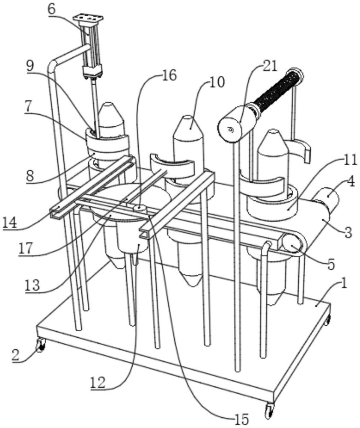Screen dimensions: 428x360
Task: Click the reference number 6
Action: pos(51,9)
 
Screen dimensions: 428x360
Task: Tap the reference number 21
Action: pos(271,65)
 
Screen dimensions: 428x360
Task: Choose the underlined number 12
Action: pos(98,382)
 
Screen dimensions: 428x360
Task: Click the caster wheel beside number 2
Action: pos(40,345)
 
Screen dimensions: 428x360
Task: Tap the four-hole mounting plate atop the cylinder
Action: pos(88,19)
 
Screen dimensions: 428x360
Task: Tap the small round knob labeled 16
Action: pos(139,208)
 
